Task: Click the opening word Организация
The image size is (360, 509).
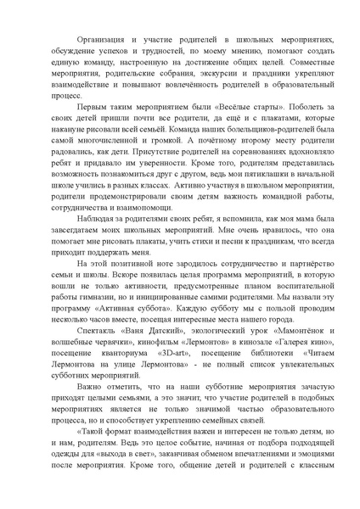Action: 104,39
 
